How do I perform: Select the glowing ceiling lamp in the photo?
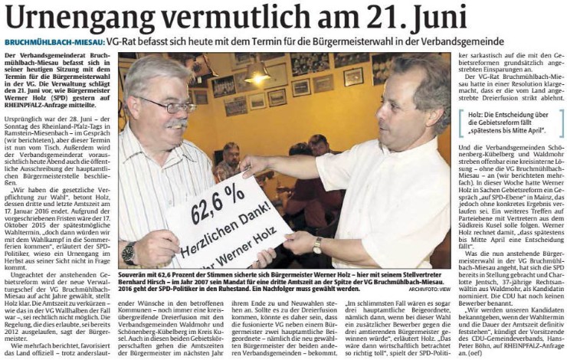[257, 77]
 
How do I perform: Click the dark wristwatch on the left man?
[129, 252]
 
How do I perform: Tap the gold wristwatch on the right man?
[317, 245]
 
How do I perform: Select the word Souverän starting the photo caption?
[134, 273]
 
